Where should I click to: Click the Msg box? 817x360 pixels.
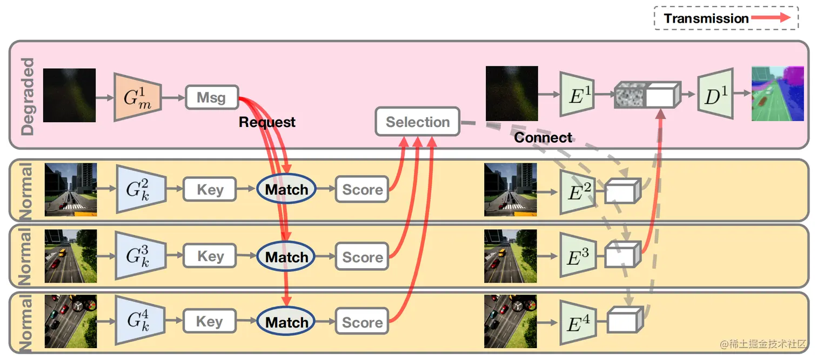[x=212, y=97]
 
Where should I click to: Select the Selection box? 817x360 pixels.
[x=417, y=122]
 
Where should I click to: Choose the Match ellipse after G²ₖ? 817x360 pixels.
[x=286, y=190]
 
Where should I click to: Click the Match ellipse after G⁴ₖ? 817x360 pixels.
[x=286, y=322]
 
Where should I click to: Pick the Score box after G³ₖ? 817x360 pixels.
[x=362, y=257]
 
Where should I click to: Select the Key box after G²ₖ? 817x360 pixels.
[x=210, y=190]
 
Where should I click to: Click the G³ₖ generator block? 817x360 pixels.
[x=138, y=256]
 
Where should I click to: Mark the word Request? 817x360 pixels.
[x=267, y=122]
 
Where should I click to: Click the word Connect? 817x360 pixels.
[x=543, y=137]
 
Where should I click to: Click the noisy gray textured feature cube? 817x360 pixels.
[x=630, y=96]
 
